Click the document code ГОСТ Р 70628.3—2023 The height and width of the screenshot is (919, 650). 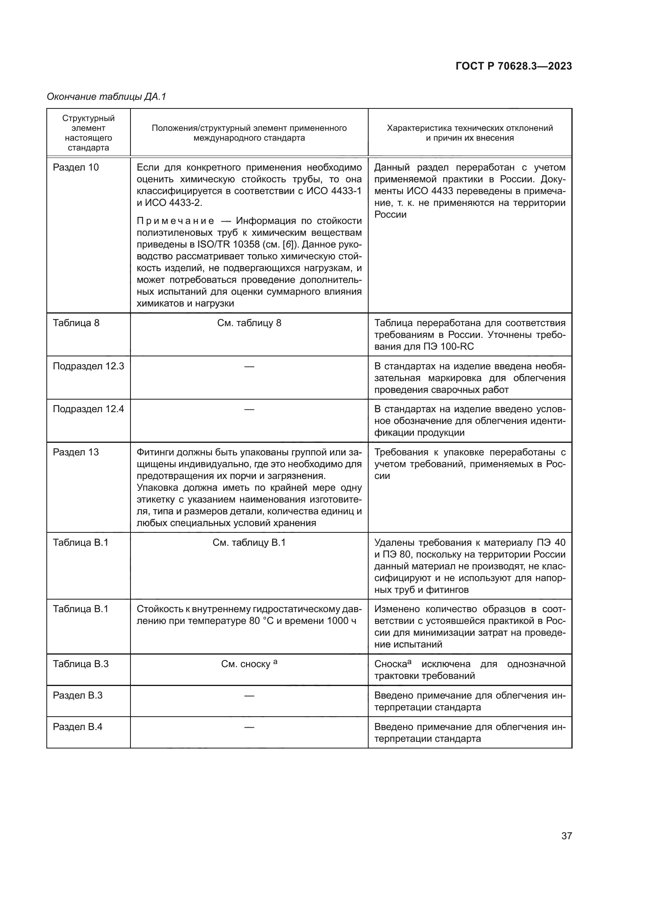tap(514, 66)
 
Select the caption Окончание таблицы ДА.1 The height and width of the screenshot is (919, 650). tap(106, 97)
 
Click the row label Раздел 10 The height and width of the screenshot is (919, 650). tap(75, 167)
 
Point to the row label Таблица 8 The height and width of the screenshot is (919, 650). tap(76, 323)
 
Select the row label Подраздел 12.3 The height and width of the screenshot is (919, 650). tap(88, 366)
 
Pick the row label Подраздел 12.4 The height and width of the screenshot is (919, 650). tap(88, 409)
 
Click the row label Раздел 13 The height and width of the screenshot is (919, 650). tap(75, 452)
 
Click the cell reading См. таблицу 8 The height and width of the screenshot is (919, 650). tap(249, 323)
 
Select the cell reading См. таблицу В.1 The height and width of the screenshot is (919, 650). tap(249, 542)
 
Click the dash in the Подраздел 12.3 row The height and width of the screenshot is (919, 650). tap(249, 366)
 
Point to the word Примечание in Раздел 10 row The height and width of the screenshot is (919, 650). tap(175, 221)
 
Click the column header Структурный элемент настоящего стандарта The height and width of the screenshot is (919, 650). tap(88, 133)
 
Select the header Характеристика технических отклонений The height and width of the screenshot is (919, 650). tap(470, 128)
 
